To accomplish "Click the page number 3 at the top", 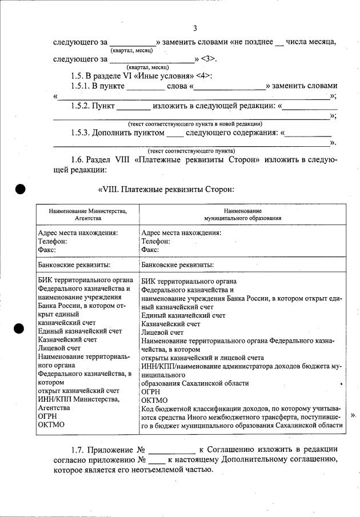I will pyautogui.click(x=195, y=29).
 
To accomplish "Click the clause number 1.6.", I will pyautogui.click(x=80, y=159).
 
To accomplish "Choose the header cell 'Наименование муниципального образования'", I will pyautogui.click(x=242, y=214).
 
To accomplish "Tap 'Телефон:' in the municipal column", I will pyautogui.click(x=155, y=241).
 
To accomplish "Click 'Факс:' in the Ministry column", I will pyautogui.click(x=47, y=250).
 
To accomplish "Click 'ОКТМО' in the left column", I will pyautogui.click(x=51, y=424).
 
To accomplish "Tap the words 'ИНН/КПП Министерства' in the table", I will pyautogui.click(x=78, y=399).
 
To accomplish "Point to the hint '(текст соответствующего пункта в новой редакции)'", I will pyautogui.click(x=195, y=123).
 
